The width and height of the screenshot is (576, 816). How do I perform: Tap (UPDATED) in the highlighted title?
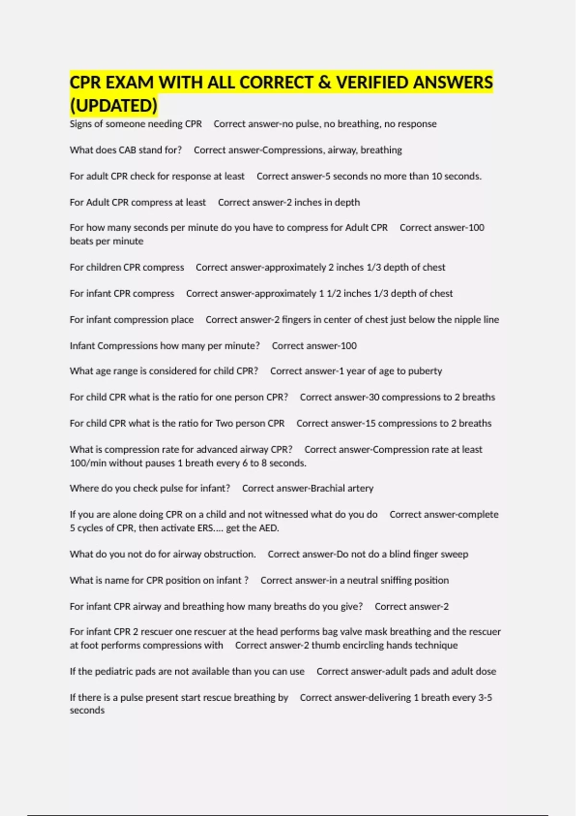(114, 106)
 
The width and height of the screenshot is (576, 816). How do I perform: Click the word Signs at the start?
(80, 124)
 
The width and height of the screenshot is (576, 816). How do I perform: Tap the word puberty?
(425, 371)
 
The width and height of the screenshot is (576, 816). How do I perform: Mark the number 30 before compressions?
(373, 397)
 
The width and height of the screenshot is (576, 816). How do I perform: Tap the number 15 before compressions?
(370, 423)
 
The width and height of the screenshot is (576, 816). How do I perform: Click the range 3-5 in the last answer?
(485, 697)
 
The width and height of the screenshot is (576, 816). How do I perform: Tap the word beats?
(81, 241)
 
